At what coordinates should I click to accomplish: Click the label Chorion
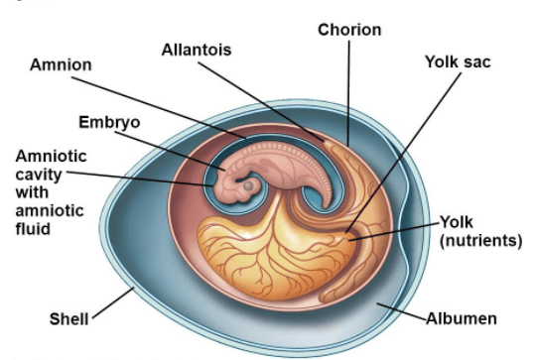point(349,30)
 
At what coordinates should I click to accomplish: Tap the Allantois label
point(197,50)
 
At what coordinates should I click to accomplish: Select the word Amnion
point(61,64)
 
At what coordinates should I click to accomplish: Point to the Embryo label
point(109,123)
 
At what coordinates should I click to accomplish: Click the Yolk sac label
point(458,62)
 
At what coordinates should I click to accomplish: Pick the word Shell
point(68,319)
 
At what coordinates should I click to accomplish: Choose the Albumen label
point(462,318)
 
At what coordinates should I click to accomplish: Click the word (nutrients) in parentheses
point(480,240)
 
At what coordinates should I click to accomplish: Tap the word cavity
point(39,176)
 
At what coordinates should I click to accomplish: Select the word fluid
point(33,228)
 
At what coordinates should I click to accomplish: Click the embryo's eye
point(248,185)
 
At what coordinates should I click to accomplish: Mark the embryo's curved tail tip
point(327,205)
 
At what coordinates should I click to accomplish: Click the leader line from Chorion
point(348,93)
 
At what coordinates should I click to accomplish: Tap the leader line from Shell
point(113,302)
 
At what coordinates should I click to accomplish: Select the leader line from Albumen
point(402,311)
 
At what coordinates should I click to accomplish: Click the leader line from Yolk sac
point(403,153)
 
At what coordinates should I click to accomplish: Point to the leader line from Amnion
point(159,108)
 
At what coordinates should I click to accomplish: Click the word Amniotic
point(52,157)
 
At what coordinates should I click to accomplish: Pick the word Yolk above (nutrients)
point(457,222)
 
